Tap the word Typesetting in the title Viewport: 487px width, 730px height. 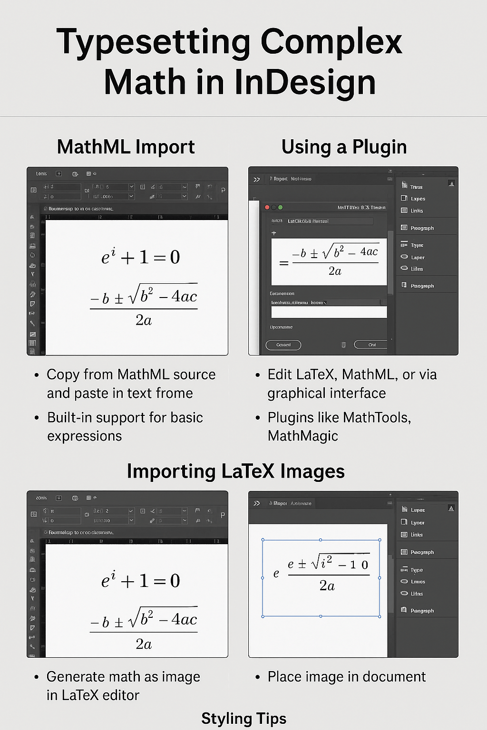click(x=153, y=42)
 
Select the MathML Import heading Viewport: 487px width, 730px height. click(x=126, y=147)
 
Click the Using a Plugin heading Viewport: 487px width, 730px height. click(x=344, y=147)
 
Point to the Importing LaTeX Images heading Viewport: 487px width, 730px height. click(x=235, y=471)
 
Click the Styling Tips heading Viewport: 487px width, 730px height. click(x=243, y=718)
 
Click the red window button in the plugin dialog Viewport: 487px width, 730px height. click(x=267, y=208)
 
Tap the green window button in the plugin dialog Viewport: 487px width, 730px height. click(x=281, y=208)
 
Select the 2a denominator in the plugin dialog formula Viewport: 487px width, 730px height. click(x=335, y=271)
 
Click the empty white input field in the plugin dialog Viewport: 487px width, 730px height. click(x=329, y=312)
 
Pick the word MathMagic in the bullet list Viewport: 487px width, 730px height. click(x=303, y=436)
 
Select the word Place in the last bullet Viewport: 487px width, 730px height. click(x=284, y=676)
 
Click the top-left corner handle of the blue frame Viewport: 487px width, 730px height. click(x=263, y=540)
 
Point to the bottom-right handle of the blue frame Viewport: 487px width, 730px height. click(x=380, y=616)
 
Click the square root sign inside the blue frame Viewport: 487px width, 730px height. click(x=315, y=564)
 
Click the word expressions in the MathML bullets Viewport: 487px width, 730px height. click(x=85, y=436)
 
